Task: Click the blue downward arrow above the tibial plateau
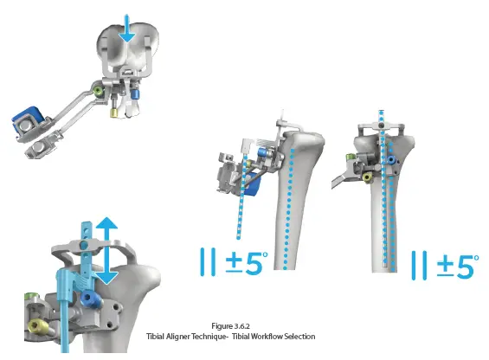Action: (x=126, y=29)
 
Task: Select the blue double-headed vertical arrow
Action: (x=106, y=250)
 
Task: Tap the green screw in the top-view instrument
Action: (x=99, y=91)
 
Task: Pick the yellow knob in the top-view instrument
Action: (x=114, y=112)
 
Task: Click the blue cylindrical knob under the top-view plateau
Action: (x=135, y=94)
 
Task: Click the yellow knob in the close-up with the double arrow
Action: (x=37, y=326)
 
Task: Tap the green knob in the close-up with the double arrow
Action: (x=30, y=295)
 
